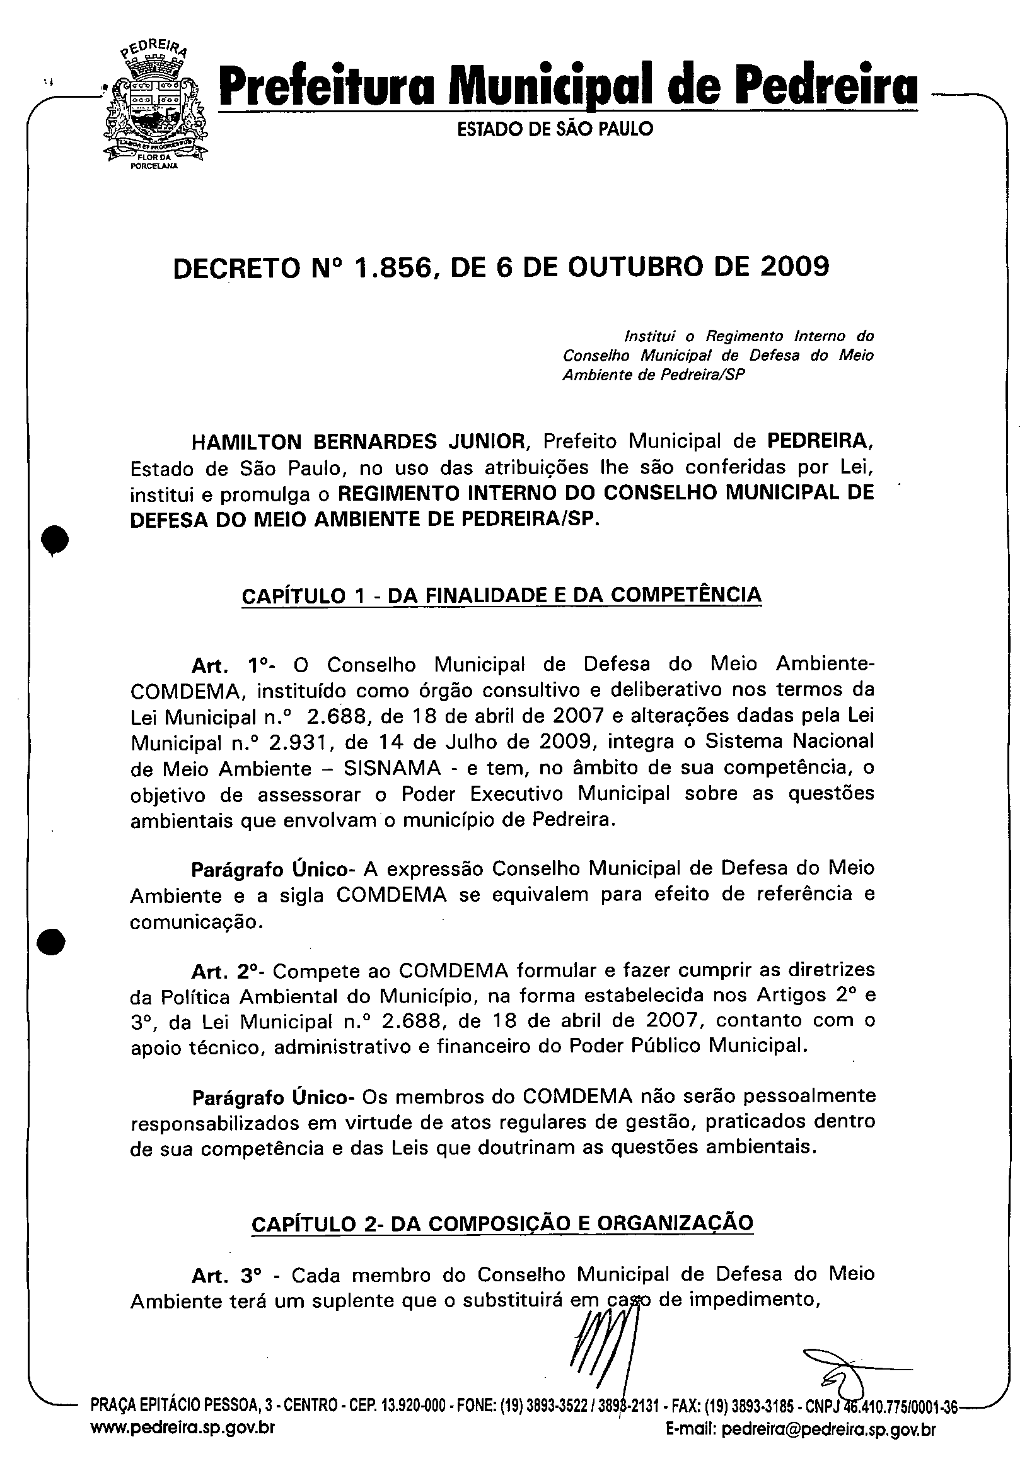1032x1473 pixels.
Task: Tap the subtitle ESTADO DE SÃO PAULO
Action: click(555, 130)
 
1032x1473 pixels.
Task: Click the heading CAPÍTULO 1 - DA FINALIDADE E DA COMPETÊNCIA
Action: click(501, 595)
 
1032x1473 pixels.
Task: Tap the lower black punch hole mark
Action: click(51, 942)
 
